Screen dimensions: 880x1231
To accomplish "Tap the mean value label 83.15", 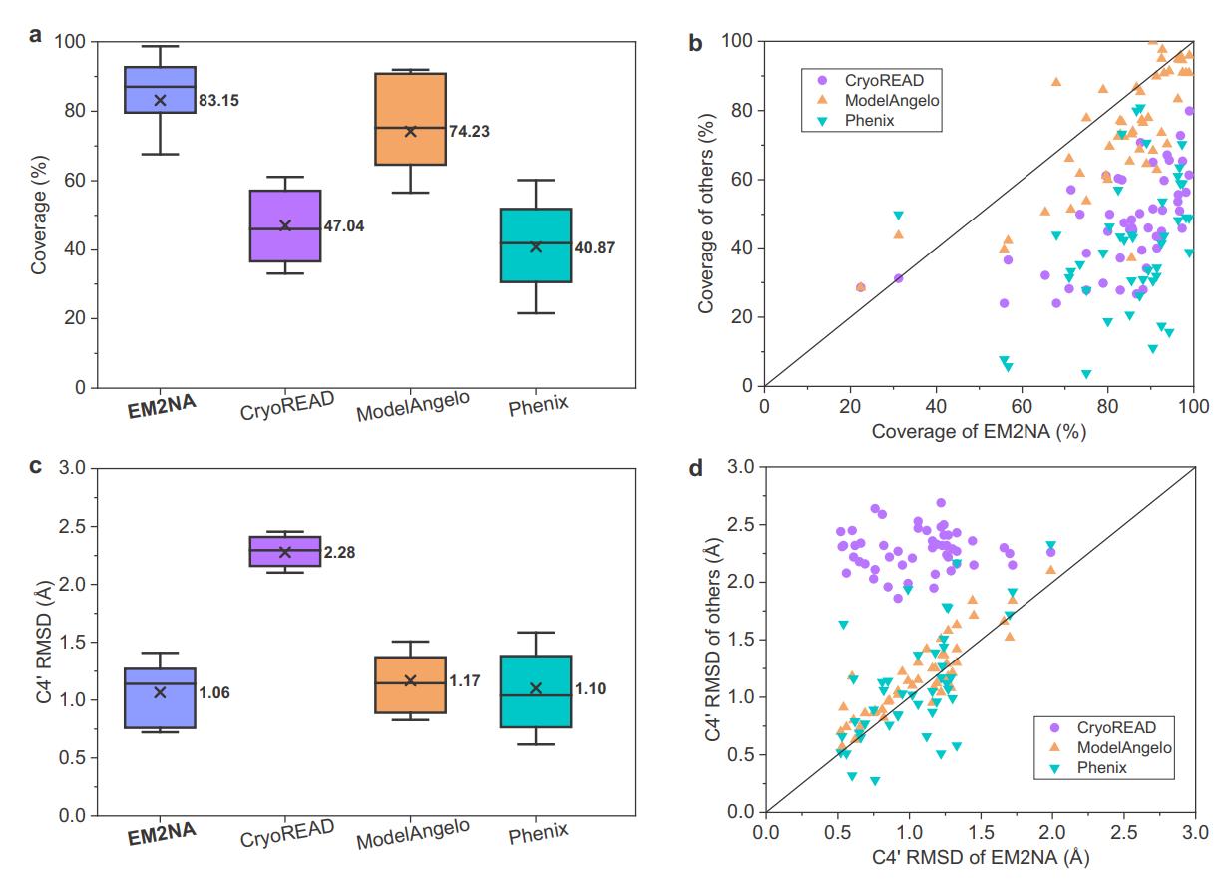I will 218,101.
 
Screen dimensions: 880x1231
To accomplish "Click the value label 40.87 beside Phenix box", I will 595,247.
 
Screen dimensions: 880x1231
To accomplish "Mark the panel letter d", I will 696,466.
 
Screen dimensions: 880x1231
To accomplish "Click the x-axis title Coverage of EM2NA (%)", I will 978,432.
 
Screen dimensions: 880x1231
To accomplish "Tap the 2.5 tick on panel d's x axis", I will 1123,831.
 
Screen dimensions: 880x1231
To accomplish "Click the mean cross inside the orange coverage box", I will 410,132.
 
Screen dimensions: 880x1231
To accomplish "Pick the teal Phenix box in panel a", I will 536,245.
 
